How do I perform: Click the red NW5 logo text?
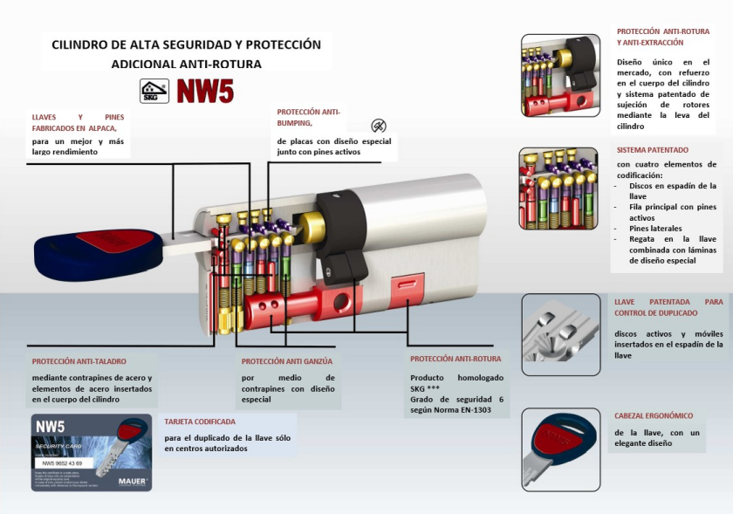pos(205,91)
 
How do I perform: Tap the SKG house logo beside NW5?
pos(154,91)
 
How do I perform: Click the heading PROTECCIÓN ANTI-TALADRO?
pos(79,360)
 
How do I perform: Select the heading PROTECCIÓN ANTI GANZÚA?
pos(287,360)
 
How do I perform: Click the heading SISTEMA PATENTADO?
pos(652,150)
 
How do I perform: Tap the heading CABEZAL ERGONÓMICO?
pos(654,416)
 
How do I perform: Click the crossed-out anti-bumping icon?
pos(378,126)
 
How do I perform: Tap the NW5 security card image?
pos(91,453)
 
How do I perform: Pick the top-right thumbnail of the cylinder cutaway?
pos(559,76)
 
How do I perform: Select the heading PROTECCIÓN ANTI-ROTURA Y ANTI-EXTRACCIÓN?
pos(662,37)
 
